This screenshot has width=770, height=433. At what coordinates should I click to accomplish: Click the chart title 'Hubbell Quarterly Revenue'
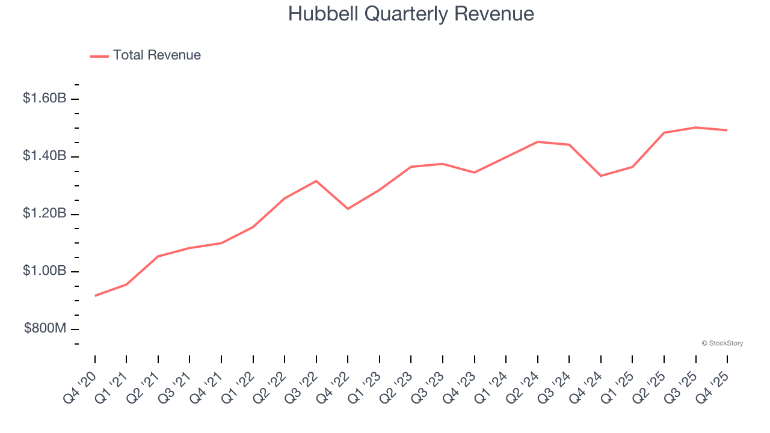tap(411, 14)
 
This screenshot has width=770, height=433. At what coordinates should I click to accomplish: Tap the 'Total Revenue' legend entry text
tap(156, 55)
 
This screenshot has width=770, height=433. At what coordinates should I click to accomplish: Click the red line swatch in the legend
tap(99, 56)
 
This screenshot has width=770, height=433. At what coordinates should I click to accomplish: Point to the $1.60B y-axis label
tap(45, 99)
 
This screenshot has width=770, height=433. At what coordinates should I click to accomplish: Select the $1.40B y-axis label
tap(45, 156)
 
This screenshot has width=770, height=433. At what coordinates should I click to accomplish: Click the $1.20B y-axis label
tap(45, 214)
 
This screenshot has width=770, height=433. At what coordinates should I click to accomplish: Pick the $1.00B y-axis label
tap(45, 271)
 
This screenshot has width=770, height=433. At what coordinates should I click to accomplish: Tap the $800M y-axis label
tap(45, 329)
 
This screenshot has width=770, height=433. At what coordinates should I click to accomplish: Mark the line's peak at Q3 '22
tap(316, 181)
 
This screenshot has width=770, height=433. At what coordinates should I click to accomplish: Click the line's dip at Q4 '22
tap(348, 209)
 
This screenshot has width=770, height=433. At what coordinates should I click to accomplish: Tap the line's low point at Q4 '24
tap(601, 176)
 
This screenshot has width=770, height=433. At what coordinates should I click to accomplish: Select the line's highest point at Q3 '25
tap(696, 127)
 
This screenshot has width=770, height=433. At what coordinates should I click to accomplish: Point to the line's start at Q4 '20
tap(95, 296)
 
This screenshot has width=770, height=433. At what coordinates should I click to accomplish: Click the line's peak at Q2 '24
tap(538, 142)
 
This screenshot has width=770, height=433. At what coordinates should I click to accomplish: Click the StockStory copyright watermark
tap(722, 343)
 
